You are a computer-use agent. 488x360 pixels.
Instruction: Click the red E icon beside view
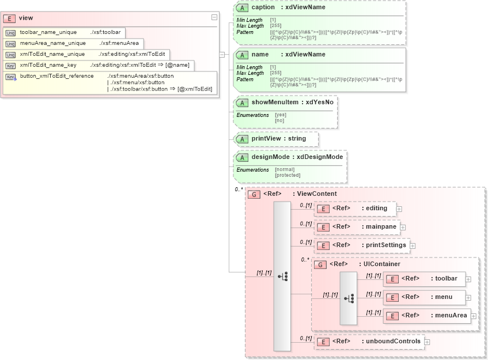[x=10, y=18]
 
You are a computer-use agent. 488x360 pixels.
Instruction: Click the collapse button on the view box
[x=214, y=18]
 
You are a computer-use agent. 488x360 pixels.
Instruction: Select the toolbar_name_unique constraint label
[x=45, y=32]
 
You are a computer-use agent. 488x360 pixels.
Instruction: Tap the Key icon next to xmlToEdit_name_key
[x=10, y=65]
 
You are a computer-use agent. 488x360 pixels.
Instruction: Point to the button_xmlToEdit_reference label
[x=56, y=76]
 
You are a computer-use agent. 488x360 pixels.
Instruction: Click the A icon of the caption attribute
[x=243, y=7]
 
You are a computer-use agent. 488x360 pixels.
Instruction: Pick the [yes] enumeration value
[x=280, y=115]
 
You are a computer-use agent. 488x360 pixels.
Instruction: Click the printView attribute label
[x=267, y=139]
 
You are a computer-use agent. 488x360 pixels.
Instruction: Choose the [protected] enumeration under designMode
[x=287, y=175]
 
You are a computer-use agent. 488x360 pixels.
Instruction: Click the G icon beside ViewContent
[x=254, y=194]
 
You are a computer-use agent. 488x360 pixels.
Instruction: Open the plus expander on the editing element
[x=399, y=209]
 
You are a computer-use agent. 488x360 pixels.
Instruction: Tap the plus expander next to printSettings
[x=413, y=245]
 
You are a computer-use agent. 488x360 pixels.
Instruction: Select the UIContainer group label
[x=377, y=264]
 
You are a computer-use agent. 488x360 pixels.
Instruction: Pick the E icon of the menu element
[x=392, y=298]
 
